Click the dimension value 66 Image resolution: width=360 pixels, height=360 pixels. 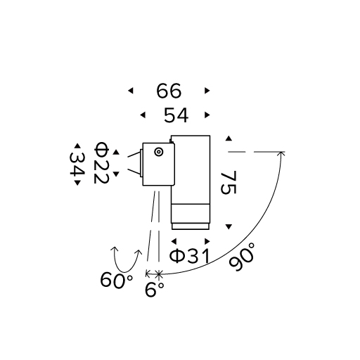[169, 91]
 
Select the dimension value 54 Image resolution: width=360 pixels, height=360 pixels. [176, 115]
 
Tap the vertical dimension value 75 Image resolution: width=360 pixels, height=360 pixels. [229, 183]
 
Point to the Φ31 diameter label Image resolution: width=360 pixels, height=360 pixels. [189, 256]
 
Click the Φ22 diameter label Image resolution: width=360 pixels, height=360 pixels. [101, 162]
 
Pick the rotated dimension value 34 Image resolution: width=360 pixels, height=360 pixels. [77, 165]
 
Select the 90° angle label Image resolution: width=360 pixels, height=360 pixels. [242, 257]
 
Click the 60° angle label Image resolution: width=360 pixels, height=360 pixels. [117, 280]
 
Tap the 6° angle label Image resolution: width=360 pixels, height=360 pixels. [155, 290]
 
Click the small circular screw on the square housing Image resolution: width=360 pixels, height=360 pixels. [159, 152]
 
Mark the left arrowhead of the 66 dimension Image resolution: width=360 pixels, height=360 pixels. [131, 91]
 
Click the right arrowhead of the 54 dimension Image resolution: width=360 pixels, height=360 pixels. [207, 115]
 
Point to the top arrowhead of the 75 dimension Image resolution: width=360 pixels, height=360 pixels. [229, 139]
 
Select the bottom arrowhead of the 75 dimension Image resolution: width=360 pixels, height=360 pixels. [229, 226]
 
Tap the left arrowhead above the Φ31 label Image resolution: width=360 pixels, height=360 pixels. [174, 241]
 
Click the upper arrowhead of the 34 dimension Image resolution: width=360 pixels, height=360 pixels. [77, 146]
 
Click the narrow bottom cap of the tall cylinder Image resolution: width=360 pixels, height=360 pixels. [191, 226]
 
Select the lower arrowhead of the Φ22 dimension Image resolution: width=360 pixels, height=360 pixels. [116, 174]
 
